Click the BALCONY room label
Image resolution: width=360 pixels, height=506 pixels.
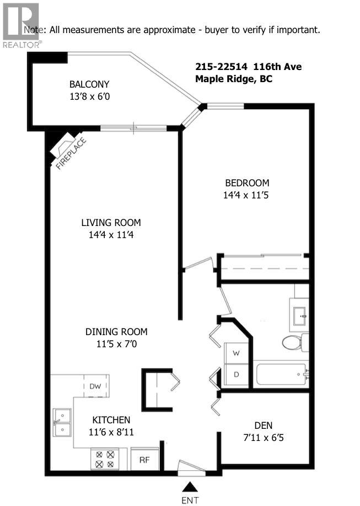(x=89, y=84)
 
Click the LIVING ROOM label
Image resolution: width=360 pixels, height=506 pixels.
(x=111, y=223)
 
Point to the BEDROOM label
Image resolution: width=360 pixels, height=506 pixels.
(x=246, y=183)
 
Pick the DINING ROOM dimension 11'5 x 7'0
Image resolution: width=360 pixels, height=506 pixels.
(x=116, y=344)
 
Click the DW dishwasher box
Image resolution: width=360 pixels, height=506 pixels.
(x=95, y=386)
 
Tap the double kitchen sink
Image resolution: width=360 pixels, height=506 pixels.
(x=62, y=422)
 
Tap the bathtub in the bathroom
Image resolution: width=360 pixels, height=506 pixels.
(x=281, y=375)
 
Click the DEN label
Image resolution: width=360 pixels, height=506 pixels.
(x=263, y=426)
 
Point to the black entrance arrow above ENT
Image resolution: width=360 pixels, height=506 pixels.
(x=190, y=486)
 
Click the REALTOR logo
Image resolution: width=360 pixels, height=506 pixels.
(x=20, y=25)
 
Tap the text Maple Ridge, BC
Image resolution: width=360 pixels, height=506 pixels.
(x=234, y=79)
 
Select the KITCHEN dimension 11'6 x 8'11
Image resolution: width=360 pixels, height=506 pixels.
(x=111, y=432)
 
